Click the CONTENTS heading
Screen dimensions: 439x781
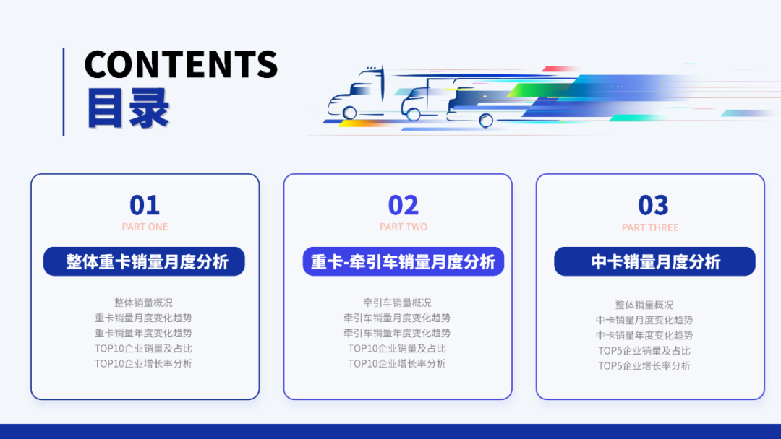coord(181,64)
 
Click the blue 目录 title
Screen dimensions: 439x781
coord(128,108)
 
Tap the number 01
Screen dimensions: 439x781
coord(145,206)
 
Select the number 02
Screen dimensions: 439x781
coord(404,206)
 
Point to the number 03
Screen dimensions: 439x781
coord(653,206)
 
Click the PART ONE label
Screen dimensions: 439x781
coord(145,227)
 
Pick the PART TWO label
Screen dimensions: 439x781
coord(404,227)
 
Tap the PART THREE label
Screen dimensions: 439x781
coord(650,227)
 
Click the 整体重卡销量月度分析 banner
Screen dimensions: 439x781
coord(144,261)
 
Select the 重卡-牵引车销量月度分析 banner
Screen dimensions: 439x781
coord(403,261)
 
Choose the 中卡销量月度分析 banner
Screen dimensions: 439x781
coord(655,261)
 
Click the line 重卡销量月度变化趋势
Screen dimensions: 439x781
coord(143,318)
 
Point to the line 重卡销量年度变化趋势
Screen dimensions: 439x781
coord(143,333)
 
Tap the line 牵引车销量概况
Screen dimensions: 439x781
coord(397,303)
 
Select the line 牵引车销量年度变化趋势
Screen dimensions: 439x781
coord(397,333)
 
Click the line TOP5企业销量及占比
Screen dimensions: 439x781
coord(644,350)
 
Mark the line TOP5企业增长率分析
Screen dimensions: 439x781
coord(644,365)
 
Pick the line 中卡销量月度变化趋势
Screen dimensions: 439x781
coord(644,320)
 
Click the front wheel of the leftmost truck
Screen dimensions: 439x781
coord(350,113)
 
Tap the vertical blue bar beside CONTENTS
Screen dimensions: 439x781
coord(64,92)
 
